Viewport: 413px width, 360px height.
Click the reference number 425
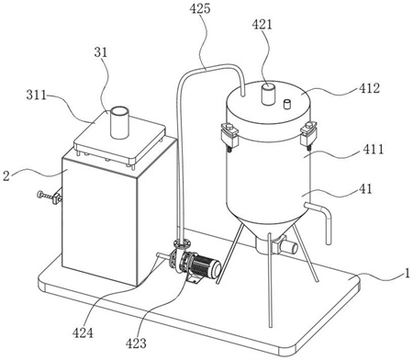pos(200,8)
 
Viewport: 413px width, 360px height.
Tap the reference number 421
pos(262,25)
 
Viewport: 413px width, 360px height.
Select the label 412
pos(370,88)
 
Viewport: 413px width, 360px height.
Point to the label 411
pos(374,149)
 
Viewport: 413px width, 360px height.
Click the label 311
pos(37,96)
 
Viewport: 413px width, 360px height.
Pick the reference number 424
pos(83,332)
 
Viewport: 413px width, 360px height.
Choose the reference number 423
pos(136,343)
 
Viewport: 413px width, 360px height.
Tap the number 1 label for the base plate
pos(407,273)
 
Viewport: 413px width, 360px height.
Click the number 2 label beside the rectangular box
pos(6,176)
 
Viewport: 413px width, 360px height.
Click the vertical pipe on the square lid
pos(118,122)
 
